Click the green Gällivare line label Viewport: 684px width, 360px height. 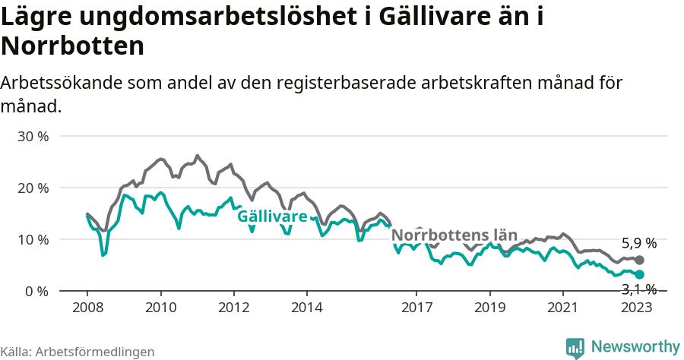click(272, 216)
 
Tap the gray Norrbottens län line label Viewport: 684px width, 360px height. click(454, 235)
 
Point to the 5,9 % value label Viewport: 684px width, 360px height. click(638, 244)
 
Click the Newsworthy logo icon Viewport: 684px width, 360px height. click(575, 348)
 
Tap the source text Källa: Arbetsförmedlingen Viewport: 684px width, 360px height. click(78, 352)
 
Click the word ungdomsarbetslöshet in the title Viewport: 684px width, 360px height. click(192, 17)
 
